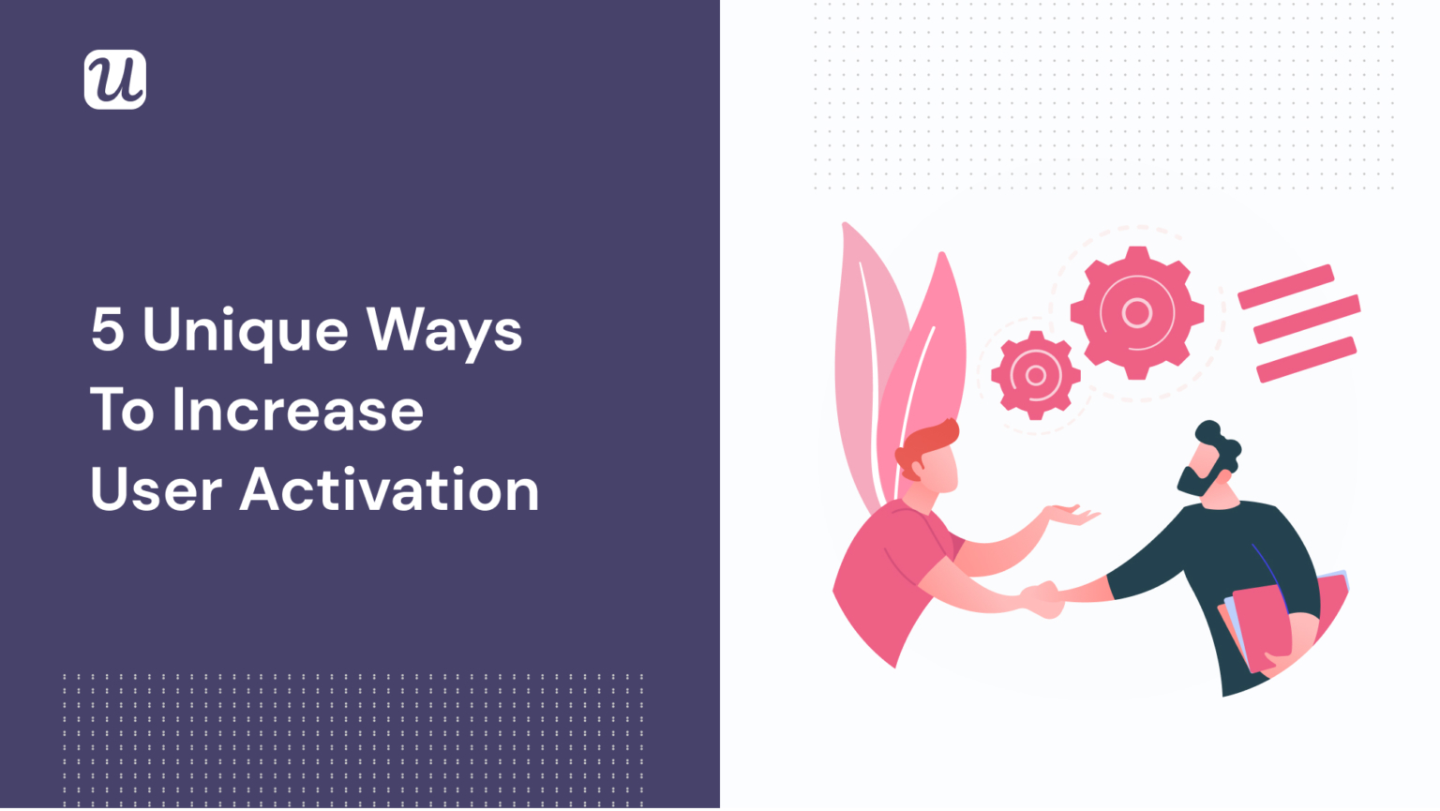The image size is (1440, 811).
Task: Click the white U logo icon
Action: (x=115, y=80)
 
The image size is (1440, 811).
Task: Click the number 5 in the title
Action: (x=107, y=330)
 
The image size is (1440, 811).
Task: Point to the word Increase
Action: (x=297, y=411)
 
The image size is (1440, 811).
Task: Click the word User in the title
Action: (x=156, y=490)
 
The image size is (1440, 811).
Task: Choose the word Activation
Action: (x=389, y=490)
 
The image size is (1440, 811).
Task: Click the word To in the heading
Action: (x=122, y=411)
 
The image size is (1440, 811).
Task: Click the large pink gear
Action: (x=1136, y=312)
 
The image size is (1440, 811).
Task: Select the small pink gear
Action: (x=1035, y=375)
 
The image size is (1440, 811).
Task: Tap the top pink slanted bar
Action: (x=1285, y=286)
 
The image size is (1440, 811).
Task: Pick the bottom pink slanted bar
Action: (x=1306, y=360)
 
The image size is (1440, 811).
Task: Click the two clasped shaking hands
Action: (x=1042, y=597)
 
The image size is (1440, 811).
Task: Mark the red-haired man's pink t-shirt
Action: (x=886, y=572)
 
